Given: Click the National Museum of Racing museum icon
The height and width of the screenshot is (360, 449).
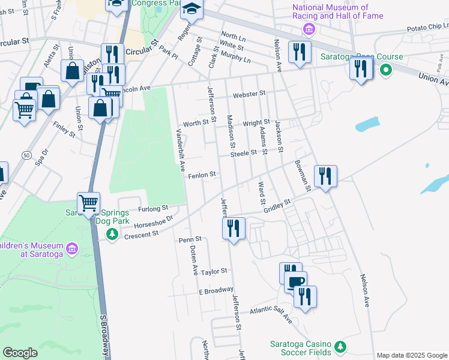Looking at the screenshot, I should [x=309, y=29].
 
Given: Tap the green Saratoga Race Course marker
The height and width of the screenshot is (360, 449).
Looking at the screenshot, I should [x=385, y=71].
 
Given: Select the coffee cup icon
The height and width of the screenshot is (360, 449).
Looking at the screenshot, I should [x=295, y=282].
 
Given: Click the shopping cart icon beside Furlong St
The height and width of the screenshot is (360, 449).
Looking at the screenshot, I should [x=88, y=203].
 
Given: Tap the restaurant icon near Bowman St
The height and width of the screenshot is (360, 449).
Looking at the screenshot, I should [x=325, y=176].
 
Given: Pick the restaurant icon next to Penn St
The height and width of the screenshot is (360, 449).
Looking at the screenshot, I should [x=233, y=228].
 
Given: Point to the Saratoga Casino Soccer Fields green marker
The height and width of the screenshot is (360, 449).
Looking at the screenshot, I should [x=340, y=347].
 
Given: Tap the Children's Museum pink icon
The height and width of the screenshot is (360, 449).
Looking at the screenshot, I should [x=72, y=248].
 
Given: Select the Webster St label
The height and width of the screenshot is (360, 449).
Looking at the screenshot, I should [x=249, y=94].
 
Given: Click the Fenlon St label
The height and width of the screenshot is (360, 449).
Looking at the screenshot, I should [x=202, y=175].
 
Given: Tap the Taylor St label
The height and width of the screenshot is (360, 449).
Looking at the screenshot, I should [x=214, y=271].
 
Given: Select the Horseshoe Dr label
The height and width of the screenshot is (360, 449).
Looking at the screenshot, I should [x=153, y=221].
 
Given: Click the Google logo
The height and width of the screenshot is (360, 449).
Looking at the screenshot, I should [x=20, y=353].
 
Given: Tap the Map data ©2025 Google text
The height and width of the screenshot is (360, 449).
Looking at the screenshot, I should [x=412, y=355].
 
